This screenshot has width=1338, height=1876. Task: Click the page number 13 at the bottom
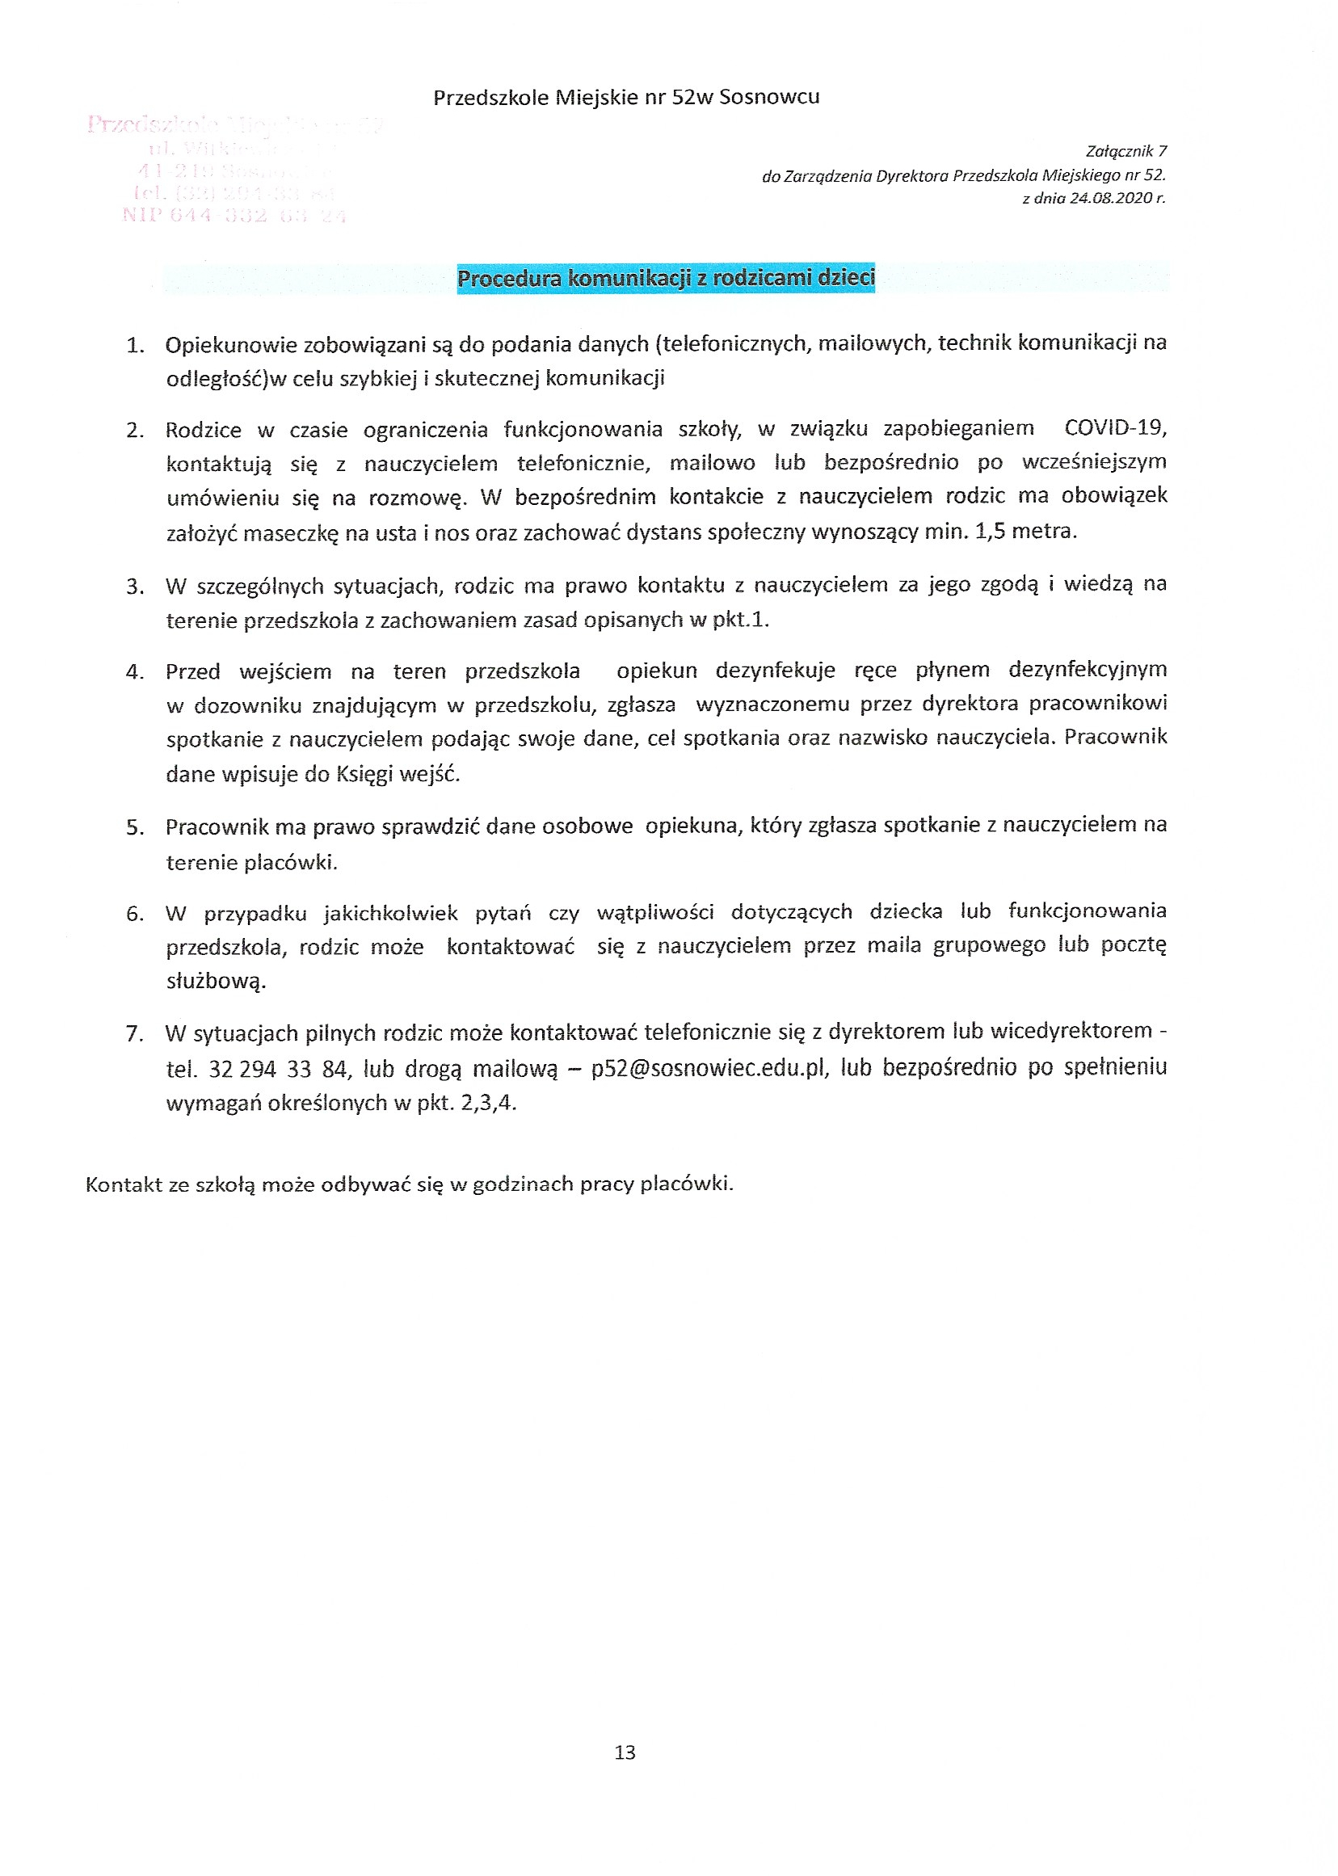coord(625,1752)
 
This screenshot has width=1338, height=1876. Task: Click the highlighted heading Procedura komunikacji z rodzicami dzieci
coord(666,279)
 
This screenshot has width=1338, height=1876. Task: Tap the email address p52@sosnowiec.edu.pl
coord(709,1069)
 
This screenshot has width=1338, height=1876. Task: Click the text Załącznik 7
coord(1126,152)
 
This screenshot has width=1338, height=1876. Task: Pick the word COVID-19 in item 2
coord(1115,427)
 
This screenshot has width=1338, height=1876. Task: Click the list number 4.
coord(134,672)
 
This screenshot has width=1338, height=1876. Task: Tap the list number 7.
coord(134,1033)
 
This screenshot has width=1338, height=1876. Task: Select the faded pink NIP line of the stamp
coord(234,216)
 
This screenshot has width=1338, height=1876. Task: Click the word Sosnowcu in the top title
coord(769,97)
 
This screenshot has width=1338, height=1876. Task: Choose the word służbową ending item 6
coord(216,982)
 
